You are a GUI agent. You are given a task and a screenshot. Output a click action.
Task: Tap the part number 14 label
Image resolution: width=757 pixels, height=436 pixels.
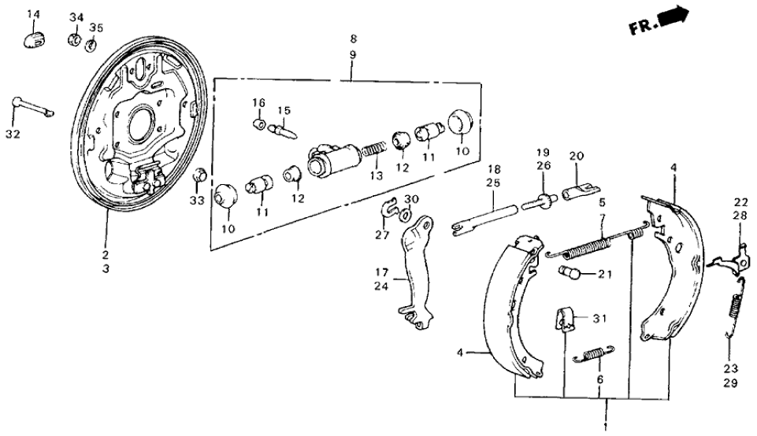point(33,15)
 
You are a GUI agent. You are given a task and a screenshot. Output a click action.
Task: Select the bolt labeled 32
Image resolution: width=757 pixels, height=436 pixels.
point(32,107)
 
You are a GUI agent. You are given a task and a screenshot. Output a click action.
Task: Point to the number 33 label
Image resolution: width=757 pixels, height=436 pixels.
point(196,201)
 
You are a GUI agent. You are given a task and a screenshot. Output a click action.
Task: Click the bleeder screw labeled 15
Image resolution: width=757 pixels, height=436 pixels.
point(283,127)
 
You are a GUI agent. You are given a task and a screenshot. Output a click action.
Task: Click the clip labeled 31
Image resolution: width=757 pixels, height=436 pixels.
point(565,319)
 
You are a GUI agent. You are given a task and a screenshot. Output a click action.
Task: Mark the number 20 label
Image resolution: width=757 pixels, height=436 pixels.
point(575,156)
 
